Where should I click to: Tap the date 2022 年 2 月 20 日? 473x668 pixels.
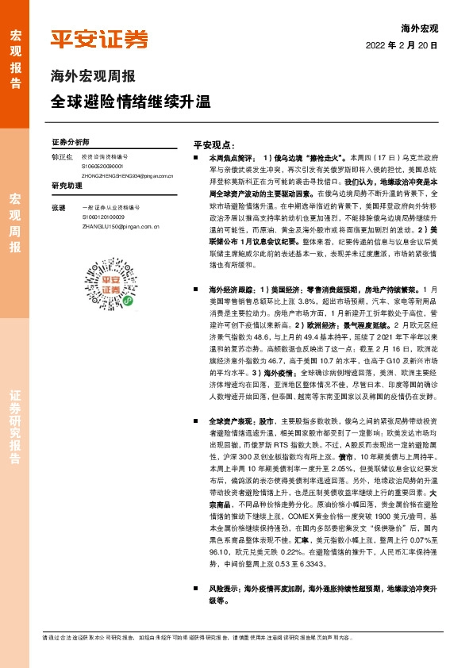tap(402, 46)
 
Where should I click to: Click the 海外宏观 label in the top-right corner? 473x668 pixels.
tap(421, 29)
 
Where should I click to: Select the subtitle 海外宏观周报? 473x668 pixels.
tap(92, 78)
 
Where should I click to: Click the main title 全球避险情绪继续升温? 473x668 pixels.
tap(131, 102)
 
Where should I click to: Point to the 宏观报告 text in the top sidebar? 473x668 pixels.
tap(15, 52)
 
